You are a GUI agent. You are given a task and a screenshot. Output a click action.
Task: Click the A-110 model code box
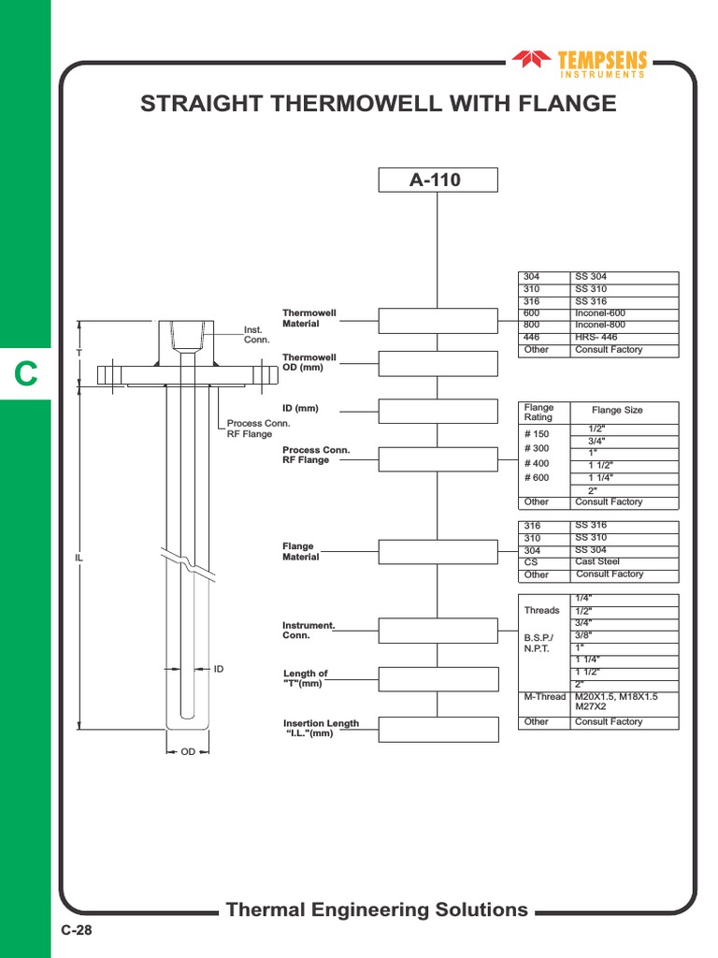tap(437, 180)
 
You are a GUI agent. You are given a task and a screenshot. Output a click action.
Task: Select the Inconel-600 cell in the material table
tap(600, 313)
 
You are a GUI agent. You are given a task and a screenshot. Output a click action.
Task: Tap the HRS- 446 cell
tap(596, 337)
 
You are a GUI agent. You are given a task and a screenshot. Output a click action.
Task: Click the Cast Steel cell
tap(597, 562)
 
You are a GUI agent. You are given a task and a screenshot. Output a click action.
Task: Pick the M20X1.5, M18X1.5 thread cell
tap(617, 697)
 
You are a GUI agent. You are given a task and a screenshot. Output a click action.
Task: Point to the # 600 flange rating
tap(537, 478)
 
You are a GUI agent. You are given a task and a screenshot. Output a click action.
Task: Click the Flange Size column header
tap(617, 410)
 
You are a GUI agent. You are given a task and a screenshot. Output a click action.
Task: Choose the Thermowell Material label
tap(309, 318)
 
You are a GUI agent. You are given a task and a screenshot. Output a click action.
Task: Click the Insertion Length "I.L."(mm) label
tap(321, 728)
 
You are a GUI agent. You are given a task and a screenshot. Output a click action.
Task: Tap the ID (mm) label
tap(301, 409)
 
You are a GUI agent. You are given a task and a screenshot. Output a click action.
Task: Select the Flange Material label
tap(301, 551)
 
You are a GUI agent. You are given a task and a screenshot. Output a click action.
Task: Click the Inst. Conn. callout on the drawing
tap(256, 334)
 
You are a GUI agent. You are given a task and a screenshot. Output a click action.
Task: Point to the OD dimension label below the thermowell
tap(188, 752)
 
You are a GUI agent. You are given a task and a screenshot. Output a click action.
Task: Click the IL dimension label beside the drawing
tap(79, 558)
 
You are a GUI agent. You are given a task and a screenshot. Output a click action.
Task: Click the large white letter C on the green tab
tap(25, 374)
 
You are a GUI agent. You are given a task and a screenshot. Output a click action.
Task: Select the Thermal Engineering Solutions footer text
tap(377, 909)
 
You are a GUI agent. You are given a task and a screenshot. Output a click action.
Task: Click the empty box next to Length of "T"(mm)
tap(437, 680)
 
